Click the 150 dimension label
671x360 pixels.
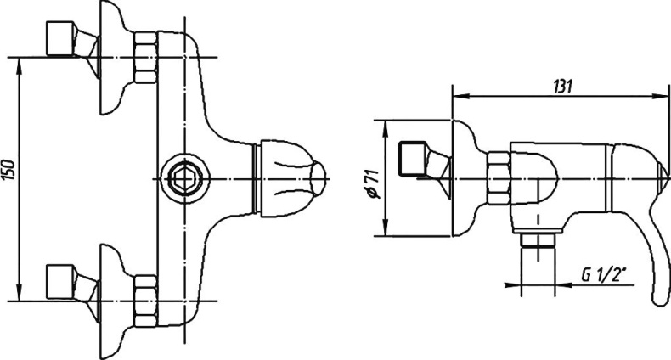(10, 170)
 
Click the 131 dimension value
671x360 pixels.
(562, 87)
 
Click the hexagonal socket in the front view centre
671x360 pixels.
(185, 178)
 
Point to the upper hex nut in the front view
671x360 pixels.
(145, 57)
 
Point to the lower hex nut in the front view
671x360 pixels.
(145, 301)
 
